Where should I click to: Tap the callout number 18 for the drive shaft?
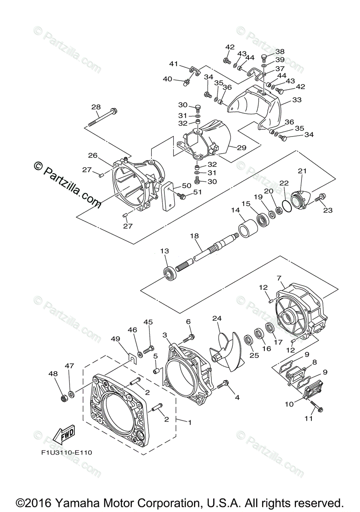click(x=194, y=236)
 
